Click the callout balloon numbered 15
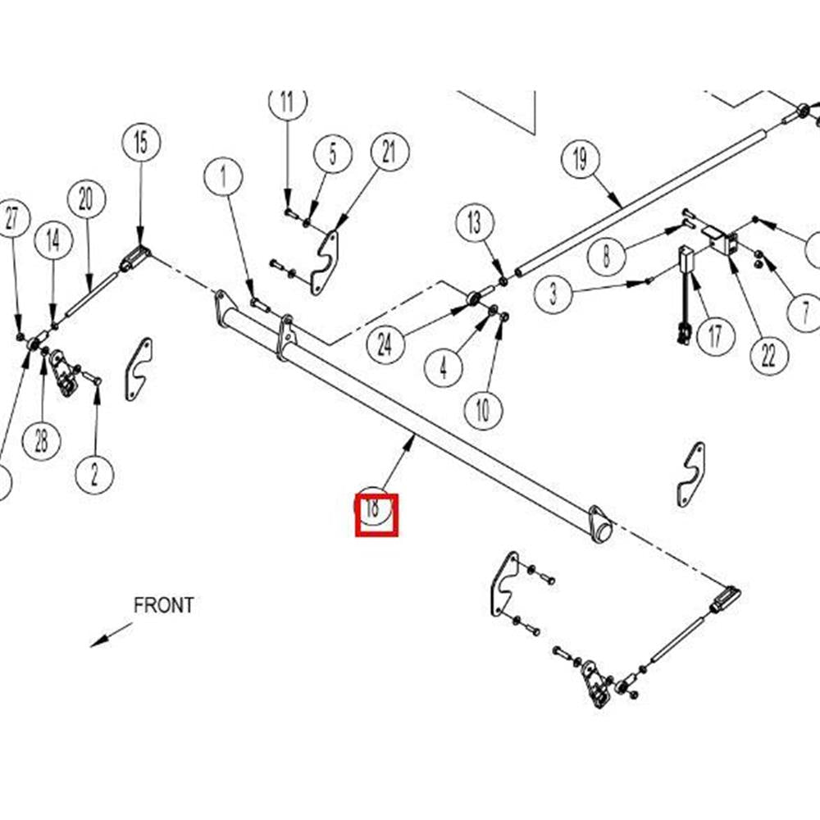point(141,143)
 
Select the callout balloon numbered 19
point(581,160)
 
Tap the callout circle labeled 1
point(223,176)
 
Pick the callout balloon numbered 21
point(389,152)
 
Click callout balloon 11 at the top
point(287,102)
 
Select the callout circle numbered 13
point(476,223)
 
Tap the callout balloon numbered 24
point(385,344)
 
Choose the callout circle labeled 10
point(483,409)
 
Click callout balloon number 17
point(716,336)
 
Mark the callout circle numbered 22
point(769,356)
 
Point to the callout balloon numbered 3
point(553,294)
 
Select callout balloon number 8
point(607,257)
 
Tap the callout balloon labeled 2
point(95,474)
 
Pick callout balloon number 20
point(86,199)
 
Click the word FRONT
point(164,606)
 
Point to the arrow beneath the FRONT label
point(111,634)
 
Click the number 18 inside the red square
point(374,508)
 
